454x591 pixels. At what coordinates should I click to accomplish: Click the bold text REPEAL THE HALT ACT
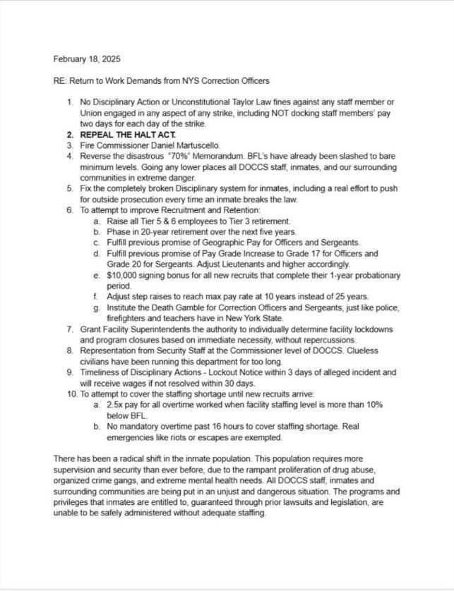tap(130, 135)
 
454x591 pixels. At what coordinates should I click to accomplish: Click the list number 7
tap(70, 329)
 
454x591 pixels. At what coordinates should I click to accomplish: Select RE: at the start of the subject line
tap(60, 81)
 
